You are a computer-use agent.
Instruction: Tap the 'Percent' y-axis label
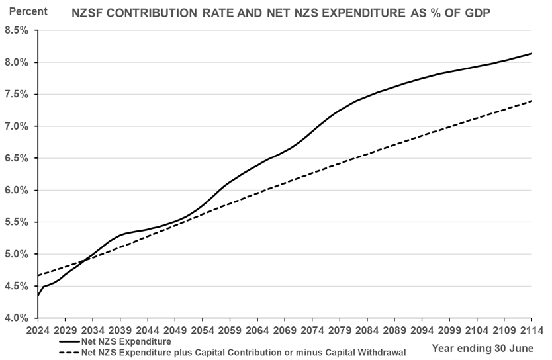coord(28,12)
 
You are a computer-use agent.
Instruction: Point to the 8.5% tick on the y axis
coord(18,30)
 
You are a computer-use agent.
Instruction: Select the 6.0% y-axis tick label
coord(18,191)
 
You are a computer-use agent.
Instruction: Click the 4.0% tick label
coord(18,318)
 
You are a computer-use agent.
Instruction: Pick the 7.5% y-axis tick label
coord(18,95)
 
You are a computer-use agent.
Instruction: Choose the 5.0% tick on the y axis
coord(18,254)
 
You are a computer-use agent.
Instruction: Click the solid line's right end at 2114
coord(532,54)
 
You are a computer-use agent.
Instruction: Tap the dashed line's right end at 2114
coord(532,101)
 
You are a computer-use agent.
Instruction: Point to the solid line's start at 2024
coord(38,296)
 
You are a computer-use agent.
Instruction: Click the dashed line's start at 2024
coord(38,275)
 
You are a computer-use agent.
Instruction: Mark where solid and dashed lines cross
coord(87,259)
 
